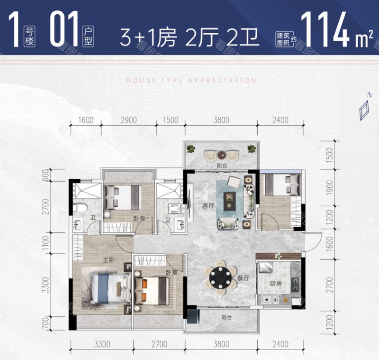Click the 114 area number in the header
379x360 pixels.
pos(325,28)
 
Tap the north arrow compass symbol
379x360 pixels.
pos(364,108)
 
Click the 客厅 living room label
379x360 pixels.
pos(208,206)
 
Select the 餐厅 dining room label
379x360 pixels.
pos(243,278)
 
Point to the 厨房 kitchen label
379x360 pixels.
pos(276,283)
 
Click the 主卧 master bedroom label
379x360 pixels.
pos(109,260)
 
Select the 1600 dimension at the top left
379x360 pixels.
pos(86,120)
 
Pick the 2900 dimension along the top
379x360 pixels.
pos(129,120)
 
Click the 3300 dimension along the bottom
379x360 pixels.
pos(102,344)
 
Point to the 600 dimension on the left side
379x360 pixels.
pos(45,175)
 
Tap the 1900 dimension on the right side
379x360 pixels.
pos(329,188)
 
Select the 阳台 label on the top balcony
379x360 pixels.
pos(222,166)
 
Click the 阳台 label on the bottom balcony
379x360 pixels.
pos(226,317)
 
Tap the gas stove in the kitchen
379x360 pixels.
pos(295,285)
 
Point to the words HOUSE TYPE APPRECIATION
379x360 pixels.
pos(191,80)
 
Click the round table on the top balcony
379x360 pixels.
pos(222,155)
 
